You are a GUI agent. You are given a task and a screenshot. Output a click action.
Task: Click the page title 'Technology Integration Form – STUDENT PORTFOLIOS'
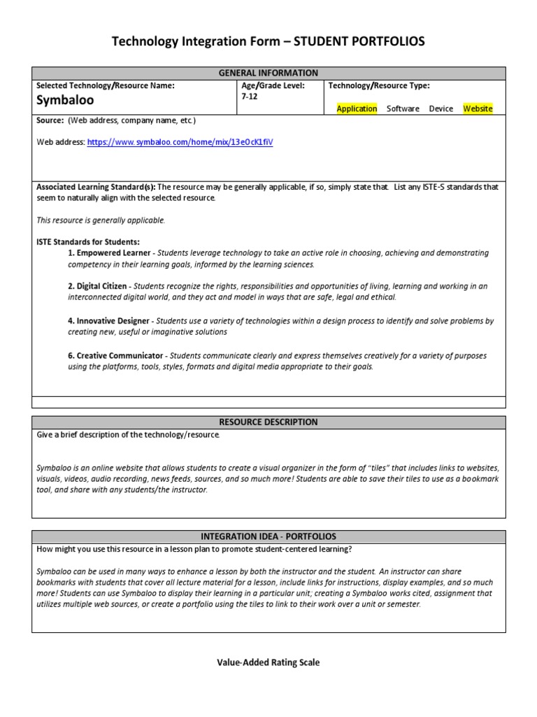[x=268, y=43]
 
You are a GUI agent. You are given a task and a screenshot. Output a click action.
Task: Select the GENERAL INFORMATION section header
[x=268, y=73]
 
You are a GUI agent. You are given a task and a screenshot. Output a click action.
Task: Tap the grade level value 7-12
[x=249, y=97]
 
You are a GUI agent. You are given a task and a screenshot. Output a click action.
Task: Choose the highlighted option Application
[x=357, y=109]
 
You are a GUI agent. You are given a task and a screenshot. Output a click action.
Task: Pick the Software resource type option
[x=403, y=109]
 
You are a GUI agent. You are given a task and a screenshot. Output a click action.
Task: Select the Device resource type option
[x=441, y=109]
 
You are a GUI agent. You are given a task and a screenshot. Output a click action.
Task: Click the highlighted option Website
[x=478, y=109]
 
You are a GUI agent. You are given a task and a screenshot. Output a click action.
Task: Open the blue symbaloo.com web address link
[x=180, y=142]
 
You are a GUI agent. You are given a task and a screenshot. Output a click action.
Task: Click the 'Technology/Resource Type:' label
[x=379, y=85]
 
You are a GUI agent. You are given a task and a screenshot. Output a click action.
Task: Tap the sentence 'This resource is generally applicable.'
[x=101, y=220]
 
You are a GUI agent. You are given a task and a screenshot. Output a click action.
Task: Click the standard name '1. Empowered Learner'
[x=109, y=253]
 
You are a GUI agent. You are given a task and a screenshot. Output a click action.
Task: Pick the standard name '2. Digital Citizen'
[x=98, y=286]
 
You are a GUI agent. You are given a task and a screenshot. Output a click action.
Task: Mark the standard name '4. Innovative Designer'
[x=108, y=321]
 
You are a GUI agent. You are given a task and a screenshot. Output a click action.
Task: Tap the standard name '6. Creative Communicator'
[x=115, y=356]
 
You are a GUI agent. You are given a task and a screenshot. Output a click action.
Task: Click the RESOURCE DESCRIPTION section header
[x=268, y=422]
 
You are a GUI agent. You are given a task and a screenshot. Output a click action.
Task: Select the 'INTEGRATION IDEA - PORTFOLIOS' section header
[x=268, y=536]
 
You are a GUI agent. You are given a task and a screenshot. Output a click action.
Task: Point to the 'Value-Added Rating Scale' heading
[x=268, y=662]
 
